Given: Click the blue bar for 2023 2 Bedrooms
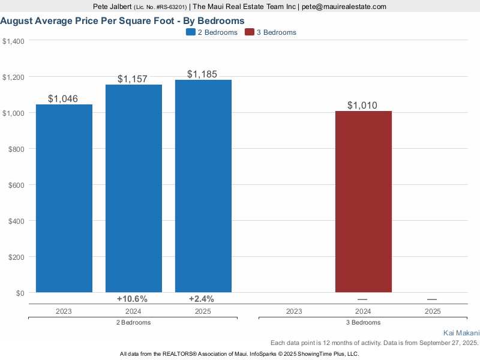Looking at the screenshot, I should pyautogui.click(x=64, y=198).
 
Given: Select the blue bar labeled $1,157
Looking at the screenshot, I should pyautogui.click(x=134, y=188).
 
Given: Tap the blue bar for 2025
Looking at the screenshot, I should pyautogui.click(x=203, y=186).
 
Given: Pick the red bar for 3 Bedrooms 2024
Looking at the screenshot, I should pyautogui.click(x=364, y=202).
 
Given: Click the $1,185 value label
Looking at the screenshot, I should pyautogui.click(x=202, y=74).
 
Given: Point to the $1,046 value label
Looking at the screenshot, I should pyautogui.click(x=63, y=99).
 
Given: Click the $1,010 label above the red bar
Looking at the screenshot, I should pyautogui.click(x=362, y=106).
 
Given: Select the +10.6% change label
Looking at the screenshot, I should pyautogui.click(x=132, y=299).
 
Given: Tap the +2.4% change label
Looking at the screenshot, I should pyautogui.click(x=202, y=299).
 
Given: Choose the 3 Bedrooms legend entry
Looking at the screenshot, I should pyautogui.click(x=271, y=32).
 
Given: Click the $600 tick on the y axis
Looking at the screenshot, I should pyautogui.click(x=14, y=185).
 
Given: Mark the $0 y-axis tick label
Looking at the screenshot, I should pyautogui.click(x=19, y=293).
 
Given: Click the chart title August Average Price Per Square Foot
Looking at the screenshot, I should pyautogui.click(x=122, y=20).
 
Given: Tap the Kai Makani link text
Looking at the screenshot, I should pyautogui.click(x=461, y=333).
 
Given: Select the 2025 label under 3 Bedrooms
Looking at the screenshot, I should pyautogui.click(x=433, y=311).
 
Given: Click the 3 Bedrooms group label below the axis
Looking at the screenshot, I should pyautogui.click(x=363, y=322).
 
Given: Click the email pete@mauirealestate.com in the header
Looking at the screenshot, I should pyautogui.click(x=344, y=7).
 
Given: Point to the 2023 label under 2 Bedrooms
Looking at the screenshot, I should pyautogui.click(x=64, y=311).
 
